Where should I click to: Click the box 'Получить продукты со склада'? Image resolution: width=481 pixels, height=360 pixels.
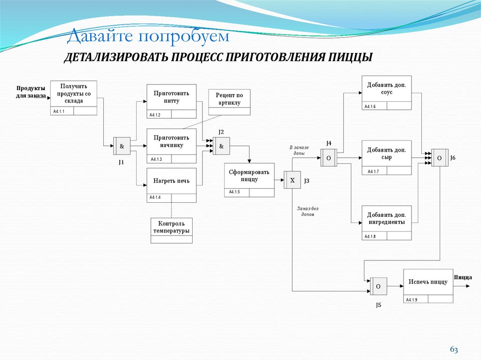(73, 98)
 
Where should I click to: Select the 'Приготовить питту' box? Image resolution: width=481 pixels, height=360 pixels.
(171, 101)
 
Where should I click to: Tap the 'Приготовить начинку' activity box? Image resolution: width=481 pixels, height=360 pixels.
(171, 146)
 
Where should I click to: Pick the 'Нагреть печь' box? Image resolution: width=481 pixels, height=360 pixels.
(171, 185)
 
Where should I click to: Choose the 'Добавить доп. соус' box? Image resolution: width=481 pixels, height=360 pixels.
(387, 92)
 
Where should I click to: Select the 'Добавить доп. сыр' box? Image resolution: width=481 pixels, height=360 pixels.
(387, 157)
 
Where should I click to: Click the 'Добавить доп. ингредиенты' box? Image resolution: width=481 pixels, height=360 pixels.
(387, 222)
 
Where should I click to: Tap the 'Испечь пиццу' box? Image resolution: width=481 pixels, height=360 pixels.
(428, 285)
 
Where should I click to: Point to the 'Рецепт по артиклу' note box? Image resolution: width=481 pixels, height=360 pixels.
(230, 102)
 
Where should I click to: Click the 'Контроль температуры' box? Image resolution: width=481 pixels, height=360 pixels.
(171, 230)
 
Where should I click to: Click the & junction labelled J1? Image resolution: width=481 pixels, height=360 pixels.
(122, 146)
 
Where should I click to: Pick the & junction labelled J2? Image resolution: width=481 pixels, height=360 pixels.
(222, 146)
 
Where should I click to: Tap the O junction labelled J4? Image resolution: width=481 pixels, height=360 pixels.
(329, 158)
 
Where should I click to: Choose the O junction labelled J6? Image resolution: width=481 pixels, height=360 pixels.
(439, 158)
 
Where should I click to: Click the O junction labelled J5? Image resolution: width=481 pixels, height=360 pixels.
(378, 286)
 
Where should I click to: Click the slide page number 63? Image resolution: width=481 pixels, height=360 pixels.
(454, 350)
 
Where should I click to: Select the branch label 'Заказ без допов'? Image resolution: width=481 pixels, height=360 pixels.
(308, 211)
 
